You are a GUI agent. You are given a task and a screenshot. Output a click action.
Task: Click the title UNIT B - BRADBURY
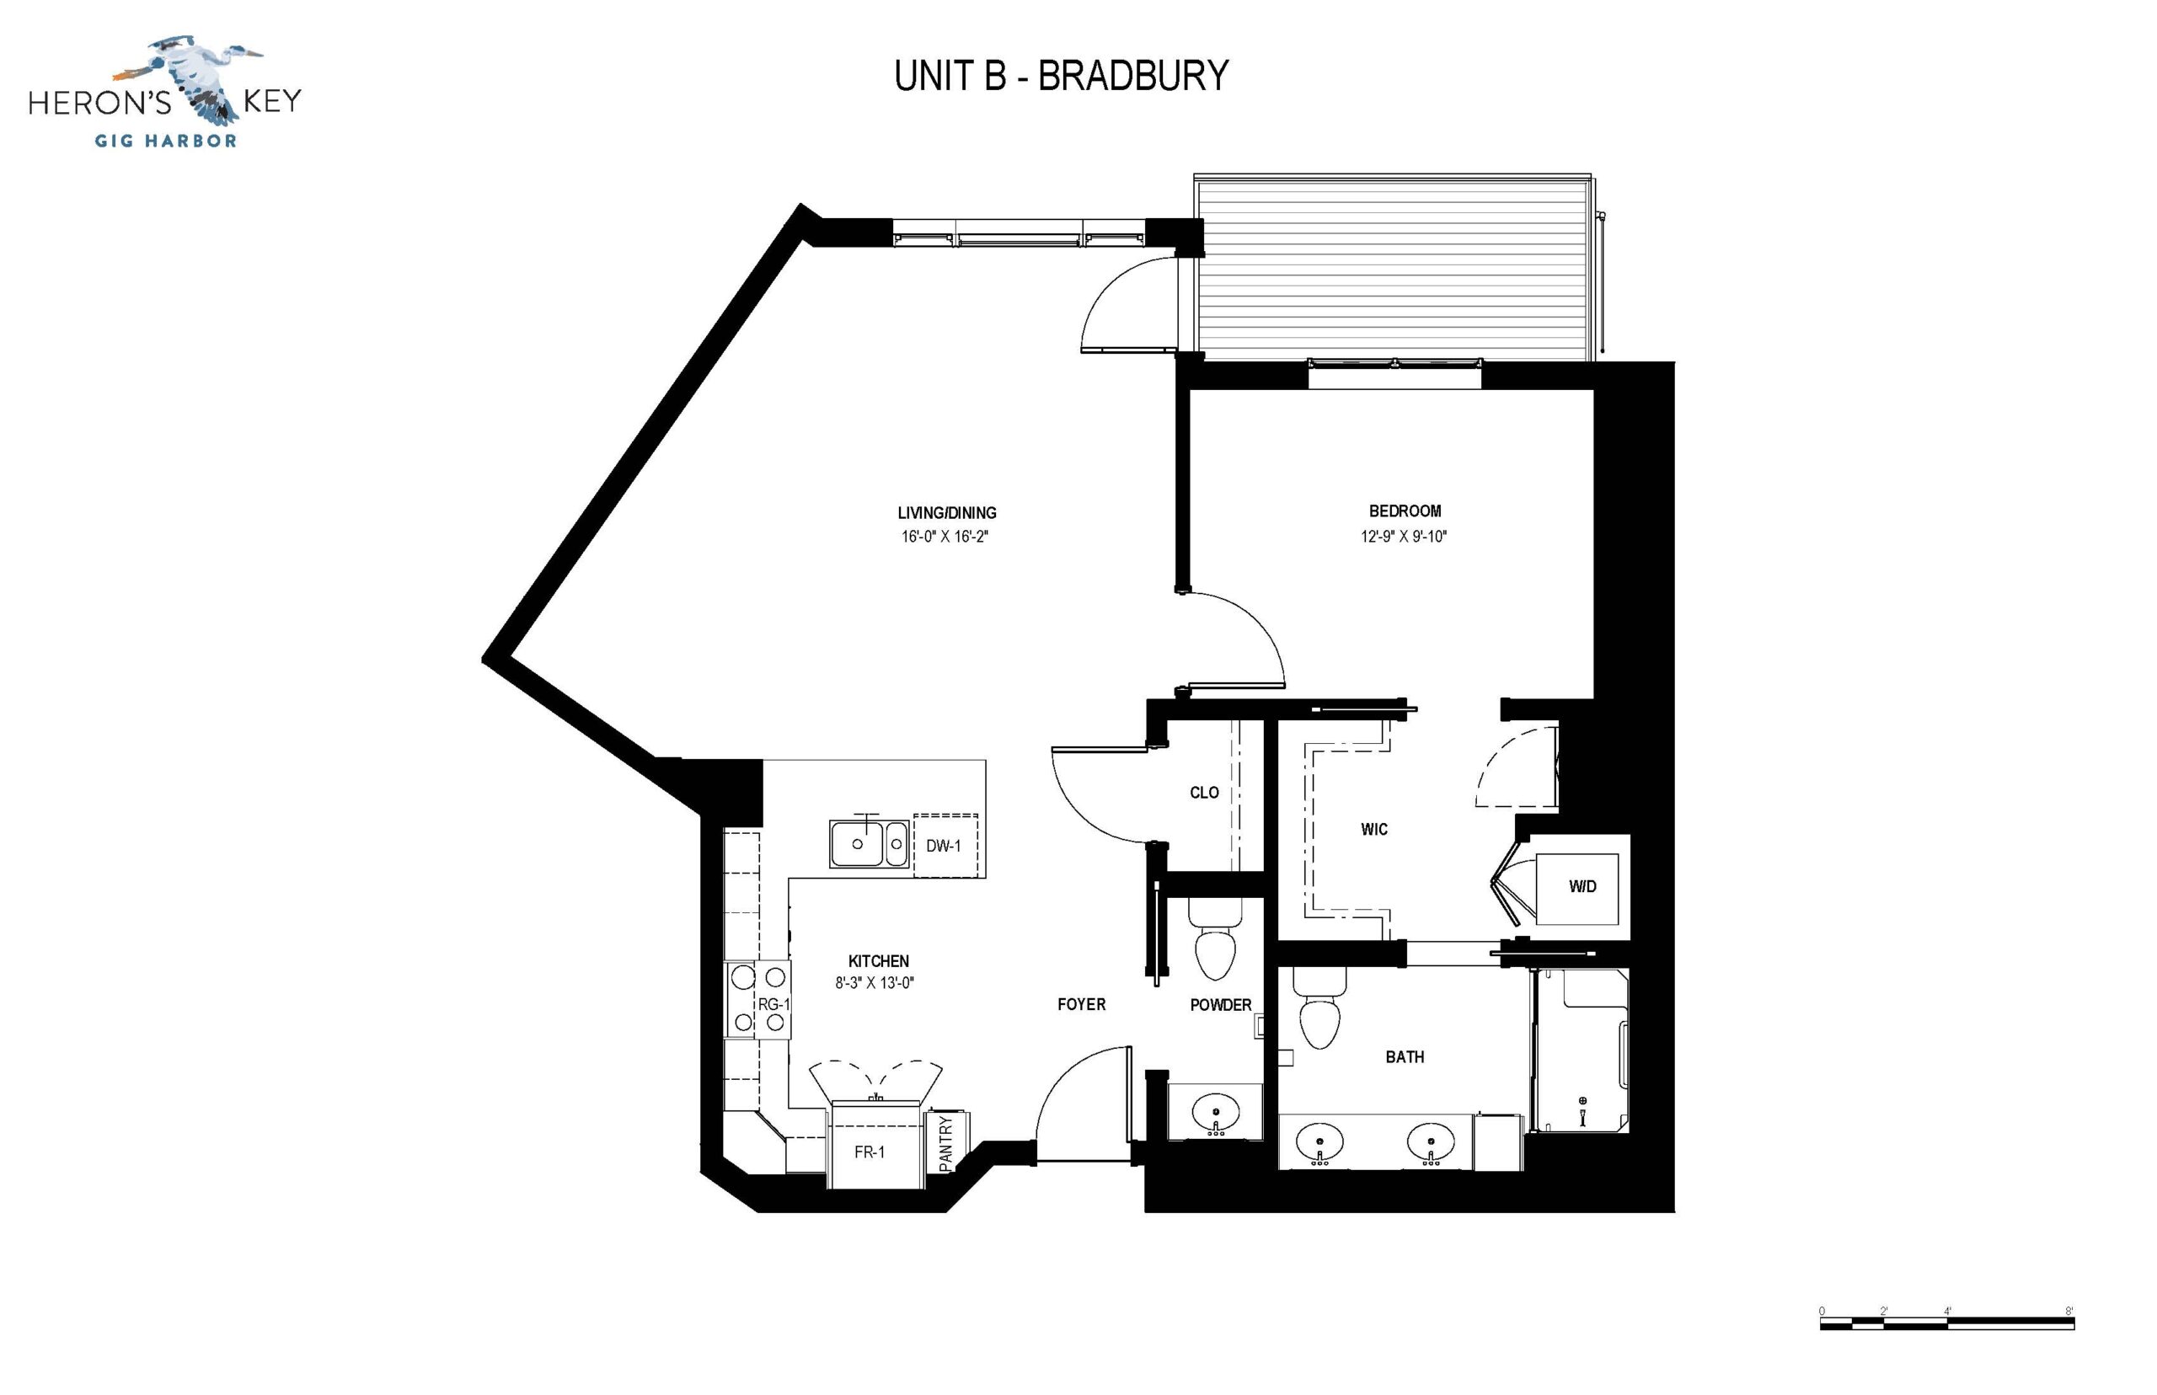[1061, 76]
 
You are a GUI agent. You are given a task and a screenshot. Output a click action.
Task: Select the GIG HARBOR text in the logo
[166, 141]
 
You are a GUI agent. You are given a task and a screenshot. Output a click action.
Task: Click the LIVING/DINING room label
[947, 513]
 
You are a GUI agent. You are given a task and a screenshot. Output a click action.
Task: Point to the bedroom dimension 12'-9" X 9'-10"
[1403, 537]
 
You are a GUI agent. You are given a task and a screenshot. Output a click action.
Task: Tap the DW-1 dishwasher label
[943, 846]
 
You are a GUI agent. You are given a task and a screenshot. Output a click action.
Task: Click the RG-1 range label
[773, 1003]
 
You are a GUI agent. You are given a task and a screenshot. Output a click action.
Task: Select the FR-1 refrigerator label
[870, 1152]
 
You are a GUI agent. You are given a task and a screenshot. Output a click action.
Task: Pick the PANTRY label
[945, 1144]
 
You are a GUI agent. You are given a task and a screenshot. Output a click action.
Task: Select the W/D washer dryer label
[1582, 887]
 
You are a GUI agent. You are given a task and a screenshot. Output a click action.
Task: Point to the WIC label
[1374, 829]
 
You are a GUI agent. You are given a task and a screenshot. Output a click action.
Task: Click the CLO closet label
[1204, 793]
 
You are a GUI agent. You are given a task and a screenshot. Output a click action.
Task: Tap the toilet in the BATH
[1319, 1008]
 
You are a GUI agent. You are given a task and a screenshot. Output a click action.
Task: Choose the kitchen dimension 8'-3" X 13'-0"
[875, 983]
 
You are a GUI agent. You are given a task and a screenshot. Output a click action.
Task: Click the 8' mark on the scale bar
[2069, 1311]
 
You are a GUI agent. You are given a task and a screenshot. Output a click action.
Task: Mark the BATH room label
[1405, 1057]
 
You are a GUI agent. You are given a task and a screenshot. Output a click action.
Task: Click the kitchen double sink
[869, 843]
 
